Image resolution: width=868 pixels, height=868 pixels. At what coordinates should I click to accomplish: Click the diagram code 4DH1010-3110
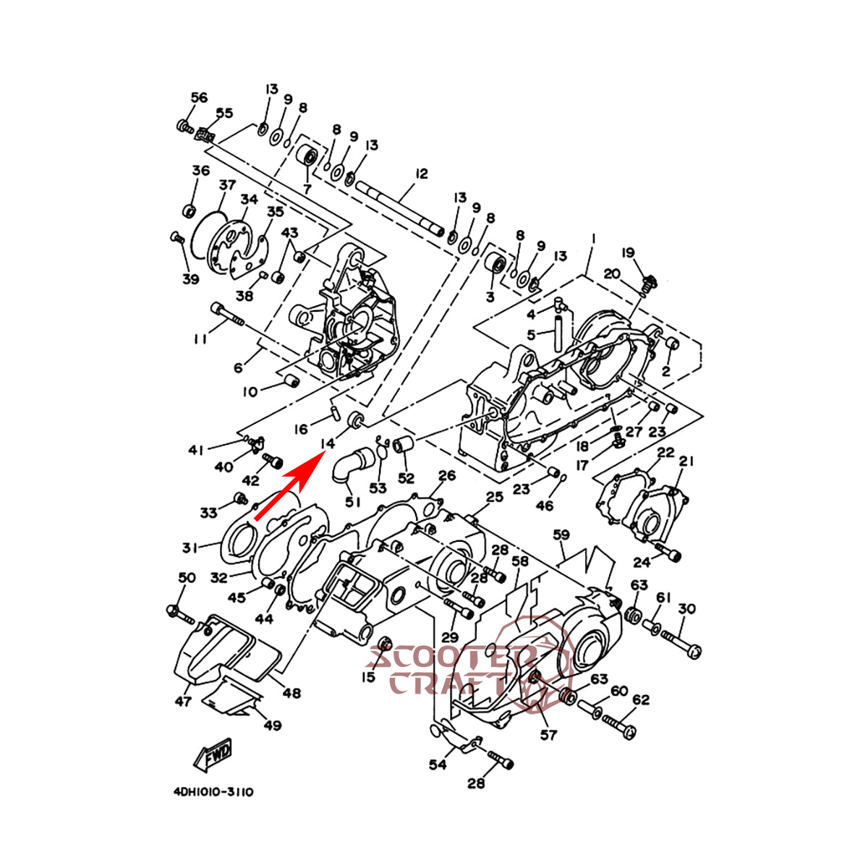pos(213,792)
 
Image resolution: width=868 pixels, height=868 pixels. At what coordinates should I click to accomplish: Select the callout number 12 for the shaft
pos(422,174)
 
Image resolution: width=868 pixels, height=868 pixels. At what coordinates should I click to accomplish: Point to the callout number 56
pos(199,98)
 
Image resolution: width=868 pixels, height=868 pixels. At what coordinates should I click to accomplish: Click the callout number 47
pos(183,701)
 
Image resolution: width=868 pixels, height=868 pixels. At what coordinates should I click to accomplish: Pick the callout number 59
pos(561,535)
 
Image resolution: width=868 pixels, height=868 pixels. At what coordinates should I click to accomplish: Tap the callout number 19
pos(628,252)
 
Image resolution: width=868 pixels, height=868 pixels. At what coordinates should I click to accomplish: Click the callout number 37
pos(228,185)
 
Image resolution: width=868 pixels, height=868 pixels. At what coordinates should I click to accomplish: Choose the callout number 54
pos(437,765)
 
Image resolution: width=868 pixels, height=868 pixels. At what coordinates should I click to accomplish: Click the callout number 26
pos(447,475)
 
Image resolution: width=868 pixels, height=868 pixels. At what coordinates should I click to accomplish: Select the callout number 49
pos(272,726)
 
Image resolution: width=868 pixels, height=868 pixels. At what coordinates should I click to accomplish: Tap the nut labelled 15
pos(385,643)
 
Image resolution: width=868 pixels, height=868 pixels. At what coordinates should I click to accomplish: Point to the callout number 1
pos(593,238)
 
